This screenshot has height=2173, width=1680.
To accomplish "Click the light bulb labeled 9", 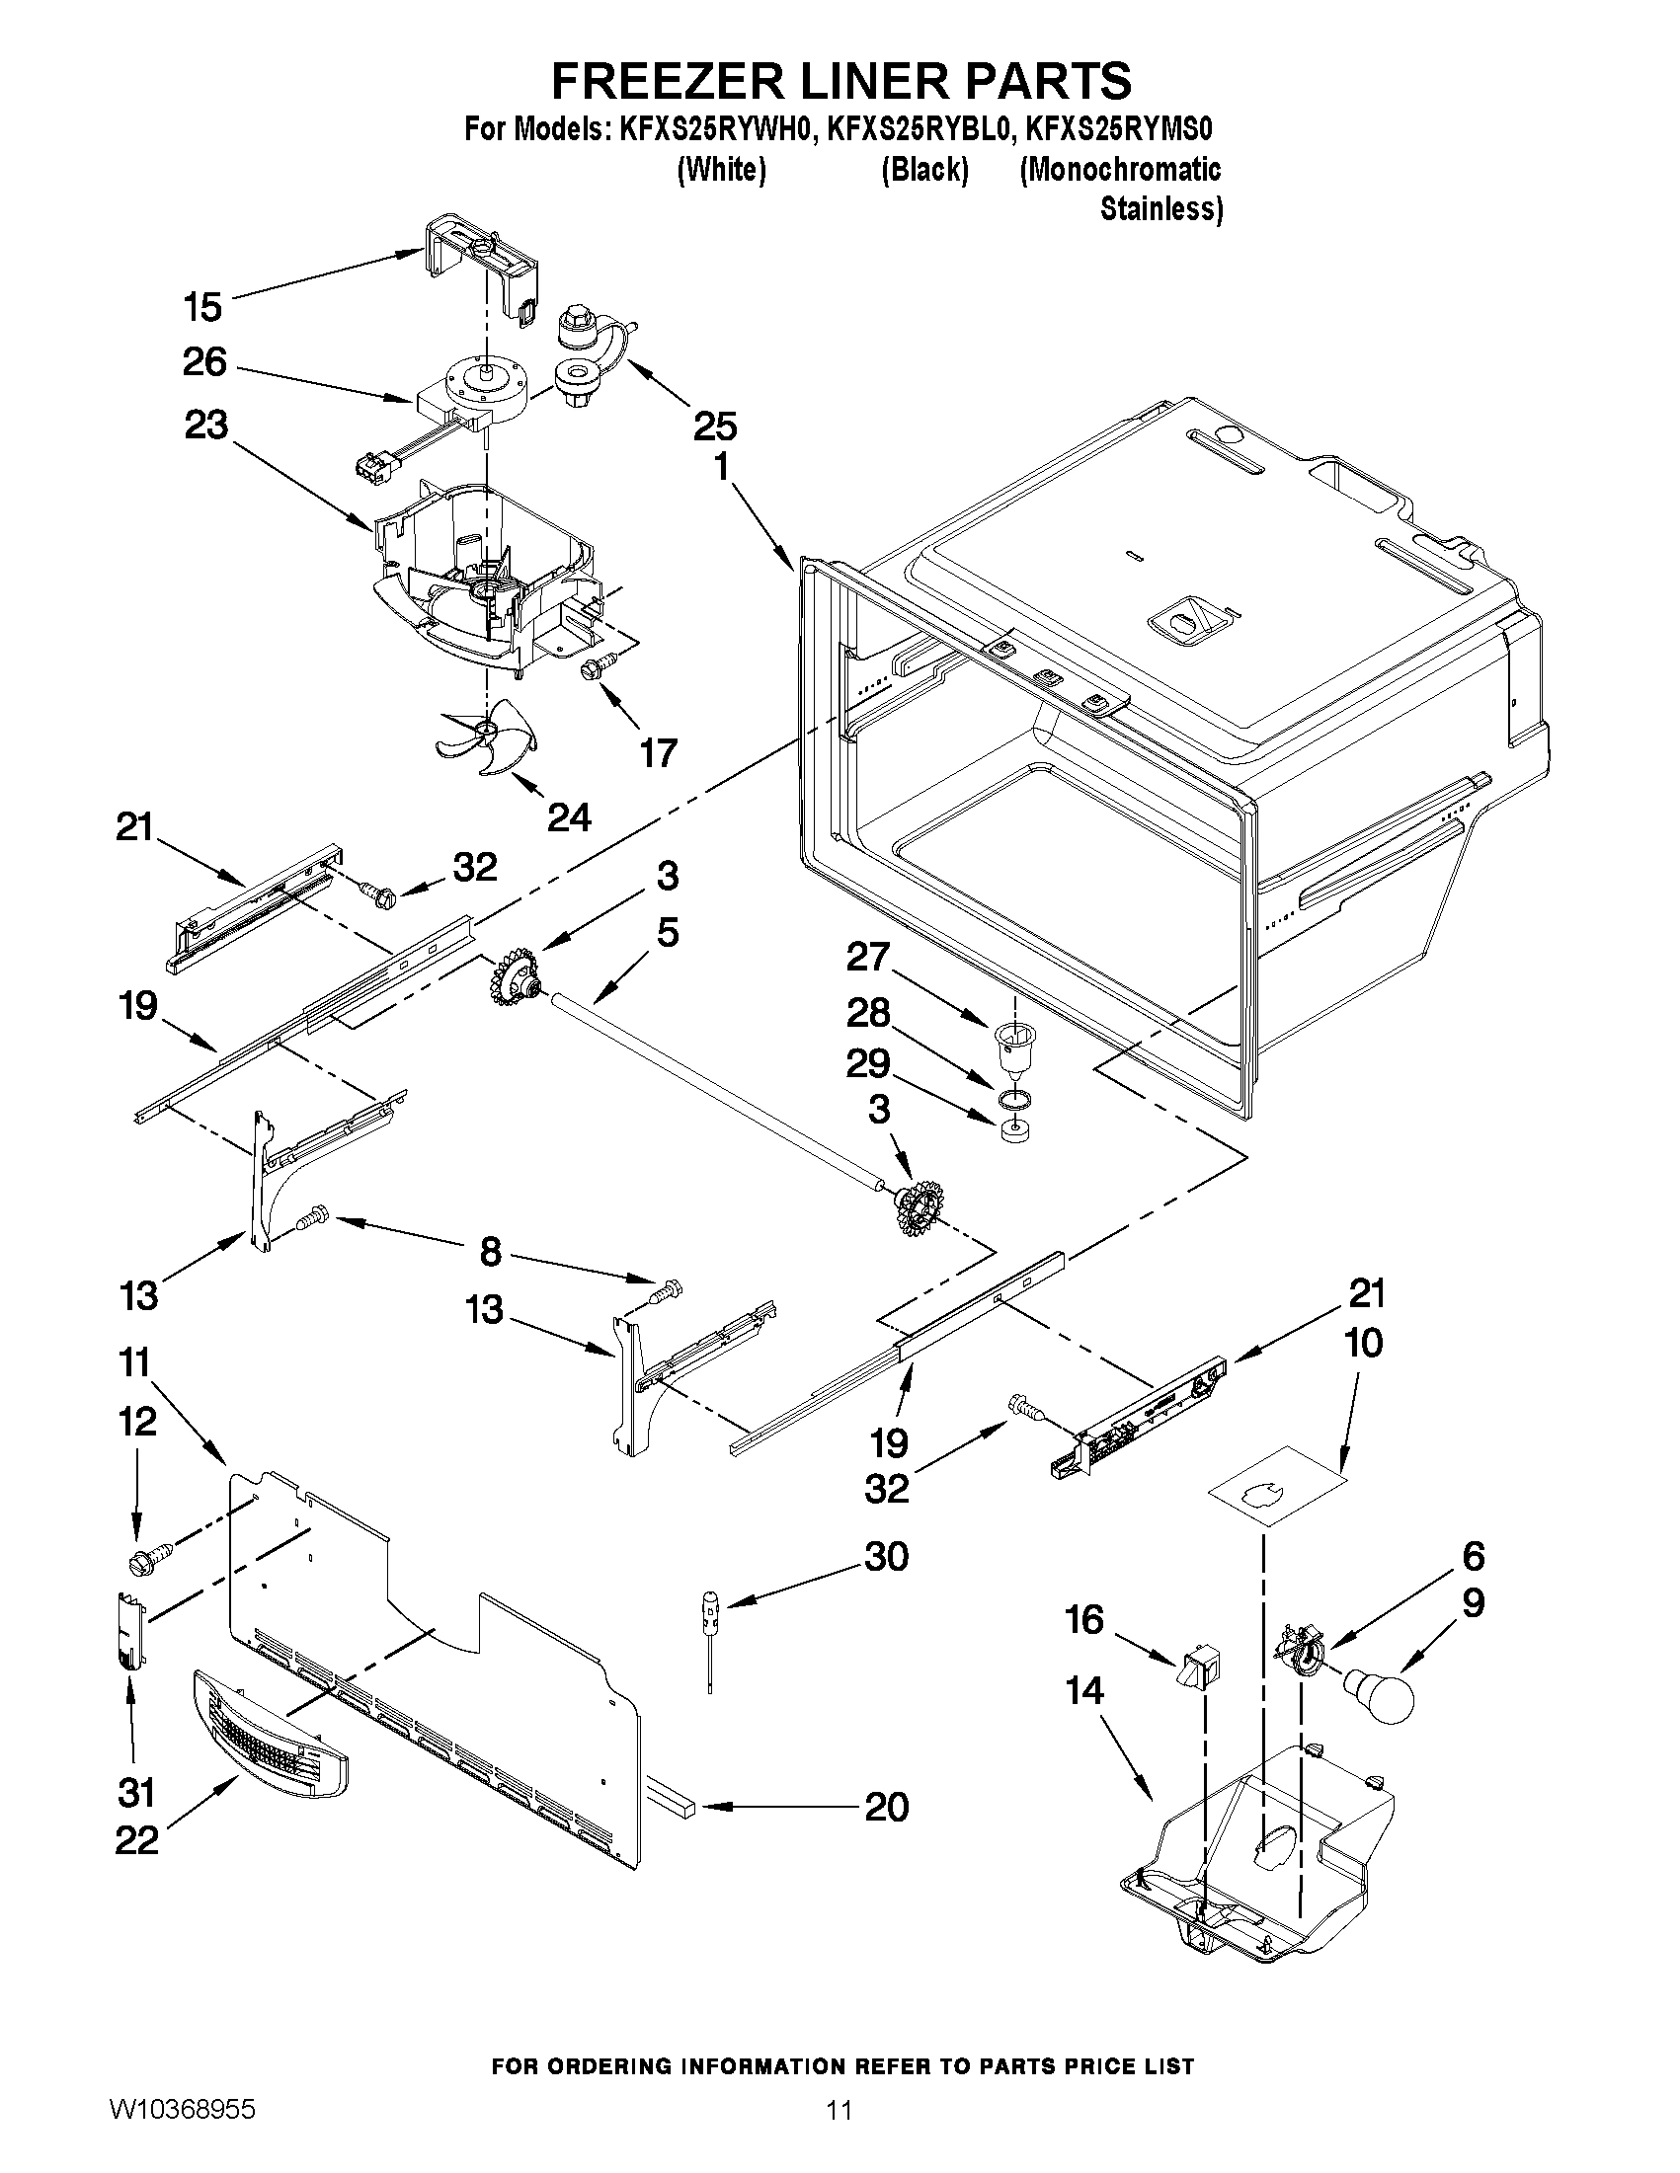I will coord(1381,1697).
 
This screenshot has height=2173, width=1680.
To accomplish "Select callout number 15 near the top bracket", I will coord(203,306).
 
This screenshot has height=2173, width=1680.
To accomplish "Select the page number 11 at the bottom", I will coord(839,2134).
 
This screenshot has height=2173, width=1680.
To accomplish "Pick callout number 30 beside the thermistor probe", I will coord(887,1556).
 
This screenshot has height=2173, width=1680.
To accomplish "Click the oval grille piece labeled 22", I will coord(269,1736).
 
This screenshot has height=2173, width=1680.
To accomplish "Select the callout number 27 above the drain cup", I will coord(867,957).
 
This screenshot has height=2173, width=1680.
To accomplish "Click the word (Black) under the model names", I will coord(924,170).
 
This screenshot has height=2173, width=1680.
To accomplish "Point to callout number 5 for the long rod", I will coord(668,933).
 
